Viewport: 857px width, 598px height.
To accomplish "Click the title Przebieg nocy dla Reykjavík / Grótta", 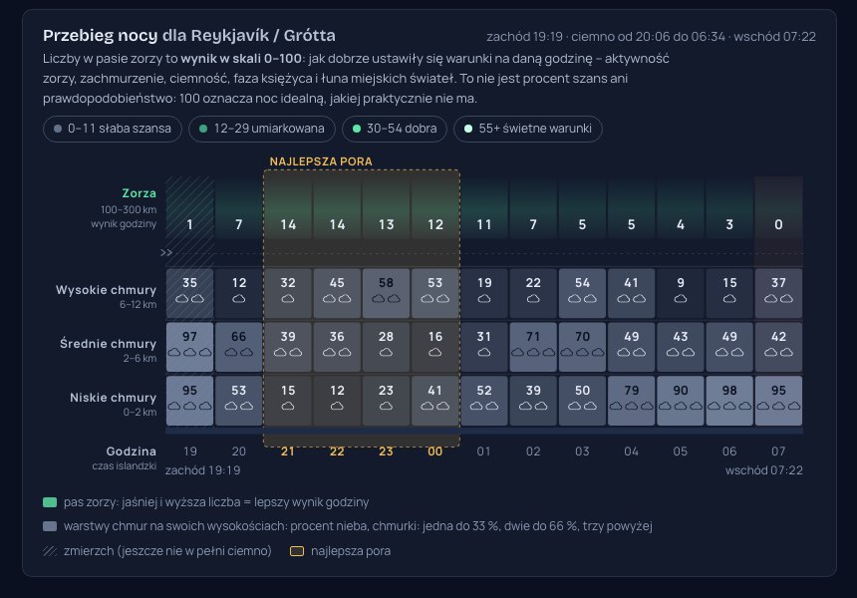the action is (189, 36).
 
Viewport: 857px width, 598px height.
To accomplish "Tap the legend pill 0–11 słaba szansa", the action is (113, 129).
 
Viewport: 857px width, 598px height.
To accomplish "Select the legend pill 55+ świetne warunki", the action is (528, 129).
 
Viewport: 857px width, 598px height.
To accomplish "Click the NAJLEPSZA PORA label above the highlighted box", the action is (321, 161).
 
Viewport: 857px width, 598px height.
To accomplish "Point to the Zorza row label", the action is (139, 193).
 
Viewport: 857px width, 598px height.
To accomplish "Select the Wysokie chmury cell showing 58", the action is (386, 293).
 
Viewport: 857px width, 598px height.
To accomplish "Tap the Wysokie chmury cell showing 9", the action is (681, 293).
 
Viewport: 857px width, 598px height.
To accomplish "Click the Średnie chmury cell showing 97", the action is (189, 347).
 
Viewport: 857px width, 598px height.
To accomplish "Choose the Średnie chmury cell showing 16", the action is (435, 347).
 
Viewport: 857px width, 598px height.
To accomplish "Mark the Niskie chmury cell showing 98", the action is (729, 401).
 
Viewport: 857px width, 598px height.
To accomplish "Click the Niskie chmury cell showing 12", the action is (337, 401).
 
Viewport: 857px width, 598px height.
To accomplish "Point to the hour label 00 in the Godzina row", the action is (435, 451).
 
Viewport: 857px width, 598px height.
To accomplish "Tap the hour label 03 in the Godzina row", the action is (582, 451).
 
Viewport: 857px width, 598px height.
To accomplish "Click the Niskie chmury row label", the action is (114, 398).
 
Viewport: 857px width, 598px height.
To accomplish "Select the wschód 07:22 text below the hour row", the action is (763, 470).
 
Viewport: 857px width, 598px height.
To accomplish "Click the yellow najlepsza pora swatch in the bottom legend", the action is (297, 551).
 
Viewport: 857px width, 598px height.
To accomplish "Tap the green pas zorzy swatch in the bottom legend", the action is (50, 502).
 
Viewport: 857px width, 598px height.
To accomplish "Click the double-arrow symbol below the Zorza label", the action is (166, 252).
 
